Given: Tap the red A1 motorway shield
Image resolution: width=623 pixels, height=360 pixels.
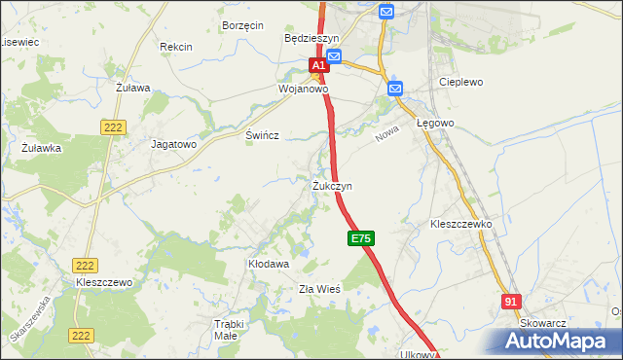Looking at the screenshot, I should (x=317, y=64).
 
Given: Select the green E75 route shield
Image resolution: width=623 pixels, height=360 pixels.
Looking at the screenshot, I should (x=359, y=238).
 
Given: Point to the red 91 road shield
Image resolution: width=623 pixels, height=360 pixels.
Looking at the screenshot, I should (x=512, y=303).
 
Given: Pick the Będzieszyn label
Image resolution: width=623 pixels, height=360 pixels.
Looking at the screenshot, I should (x=311, y=38).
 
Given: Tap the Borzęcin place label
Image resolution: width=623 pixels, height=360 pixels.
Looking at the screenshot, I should (x=243, y=25).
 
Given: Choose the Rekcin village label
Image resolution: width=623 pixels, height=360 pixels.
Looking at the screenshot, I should (x=176, y=47).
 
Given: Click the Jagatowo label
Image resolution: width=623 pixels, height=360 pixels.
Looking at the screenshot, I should (x=174, y=143).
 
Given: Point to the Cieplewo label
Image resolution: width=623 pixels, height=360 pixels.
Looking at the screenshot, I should (x=461, y=83).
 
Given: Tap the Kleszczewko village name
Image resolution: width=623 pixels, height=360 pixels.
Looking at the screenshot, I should (x=461, y=224).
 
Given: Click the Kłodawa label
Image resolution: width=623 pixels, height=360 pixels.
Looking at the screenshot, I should (x=269, y=264).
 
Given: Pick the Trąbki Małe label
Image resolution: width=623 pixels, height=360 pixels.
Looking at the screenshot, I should (x=225, y=330).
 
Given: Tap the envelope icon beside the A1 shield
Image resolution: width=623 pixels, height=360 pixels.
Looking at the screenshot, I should (x=334, y=58).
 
